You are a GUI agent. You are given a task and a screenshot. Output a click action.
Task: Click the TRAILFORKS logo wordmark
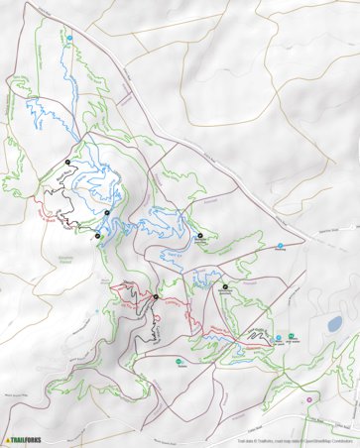31,439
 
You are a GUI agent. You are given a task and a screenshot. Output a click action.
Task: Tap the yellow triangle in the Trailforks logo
8,439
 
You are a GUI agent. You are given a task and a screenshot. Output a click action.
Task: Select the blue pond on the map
334,324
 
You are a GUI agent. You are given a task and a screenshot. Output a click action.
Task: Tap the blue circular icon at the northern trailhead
70,39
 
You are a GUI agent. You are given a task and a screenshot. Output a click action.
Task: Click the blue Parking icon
281,245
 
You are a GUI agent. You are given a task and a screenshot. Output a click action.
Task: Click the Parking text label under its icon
281,251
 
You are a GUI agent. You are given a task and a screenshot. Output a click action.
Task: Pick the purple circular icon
310,399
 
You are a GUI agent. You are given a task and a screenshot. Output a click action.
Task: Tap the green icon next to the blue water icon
293,338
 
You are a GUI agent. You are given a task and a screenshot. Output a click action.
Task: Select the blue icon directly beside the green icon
279,338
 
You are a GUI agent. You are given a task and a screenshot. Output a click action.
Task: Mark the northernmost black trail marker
67,161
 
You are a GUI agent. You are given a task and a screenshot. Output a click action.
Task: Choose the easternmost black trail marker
225,286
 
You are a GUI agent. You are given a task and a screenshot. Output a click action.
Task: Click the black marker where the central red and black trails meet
156,296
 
